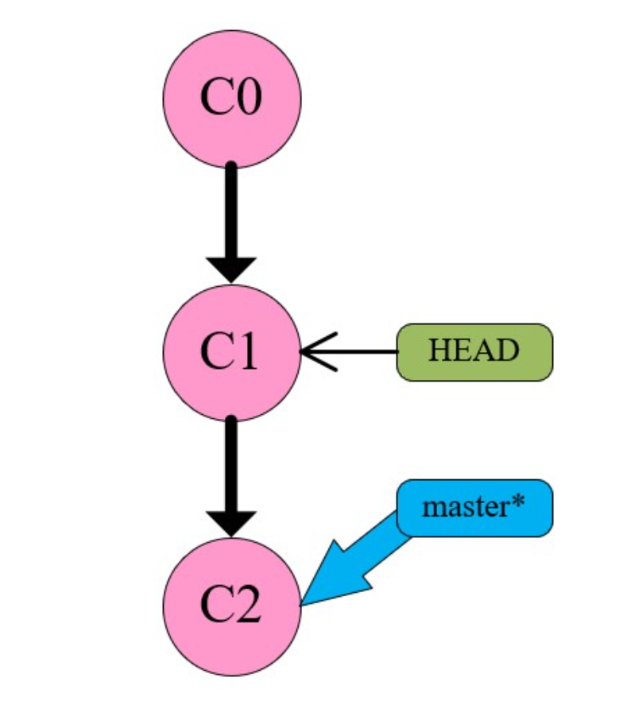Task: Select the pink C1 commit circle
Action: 231,352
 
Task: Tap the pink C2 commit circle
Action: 231,606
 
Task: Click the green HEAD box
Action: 474,351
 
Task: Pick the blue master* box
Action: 474,507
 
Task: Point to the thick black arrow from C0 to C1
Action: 231,215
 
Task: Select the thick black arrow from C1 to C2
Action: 231,469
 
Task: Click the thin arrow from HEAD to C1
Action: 358,351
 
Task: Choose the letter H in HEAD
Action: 437,351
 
